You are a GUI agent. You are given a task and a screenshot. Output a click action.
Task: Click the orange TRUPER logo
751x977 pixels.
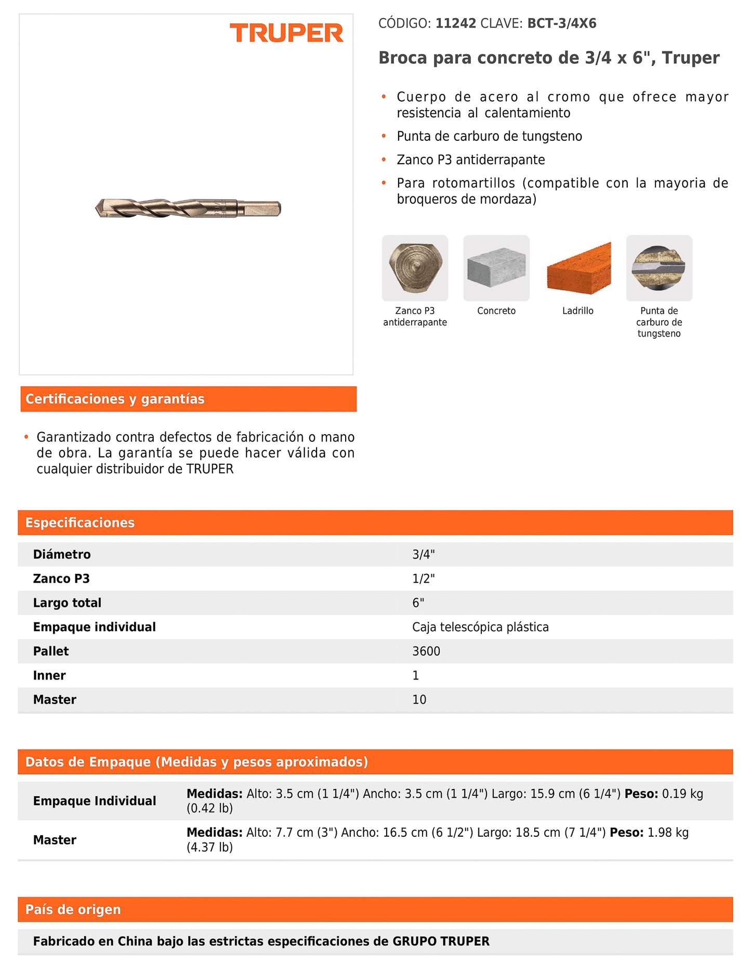286,33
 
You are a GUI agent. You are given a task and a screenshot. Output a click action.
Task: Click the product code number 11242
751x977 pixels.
455,23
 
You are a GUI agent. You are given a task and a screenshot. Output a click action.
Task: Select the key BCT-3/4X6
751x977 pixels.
562,23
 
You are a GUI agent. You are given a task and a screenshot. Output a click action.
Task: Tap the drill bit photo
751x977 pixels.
188,208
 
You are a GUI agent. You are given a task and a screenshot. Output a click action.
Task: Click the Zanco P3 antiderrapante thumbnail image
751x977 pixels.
415,268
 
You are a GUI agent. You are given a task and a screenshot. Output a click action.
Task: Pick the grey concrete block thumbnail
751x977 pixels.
496,268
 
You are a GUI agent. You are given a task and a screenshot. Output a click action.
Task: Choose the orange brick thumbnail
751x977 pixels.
578,268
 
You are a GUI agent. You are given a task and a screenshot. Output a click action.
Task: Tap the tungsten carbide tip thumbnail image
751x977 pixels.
659,268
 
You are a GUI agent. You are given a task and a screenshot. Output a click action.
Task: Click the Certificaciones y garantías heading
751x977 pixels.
115,399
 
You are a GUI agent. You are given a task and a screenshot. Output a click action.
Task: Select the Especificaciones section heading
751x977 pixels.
80,523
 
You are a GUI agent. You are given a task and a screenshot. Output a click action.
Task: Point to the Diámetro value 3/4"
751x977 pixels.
424,554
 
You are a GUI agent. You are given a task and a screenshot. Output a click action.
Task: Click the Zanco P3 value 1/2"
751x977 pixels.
424,579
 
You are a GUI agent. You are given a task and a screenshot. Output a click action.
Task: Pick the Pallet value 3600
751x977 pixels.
426,651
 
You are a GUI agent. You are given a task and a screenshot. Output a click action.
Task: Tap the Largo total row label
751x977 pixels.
67,603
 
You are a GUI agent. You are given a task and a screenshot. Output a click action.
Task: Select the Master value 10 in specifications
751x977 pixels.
419,700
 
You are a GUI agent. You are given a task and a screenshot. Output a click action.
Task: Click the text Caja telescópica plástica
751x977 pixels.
480,627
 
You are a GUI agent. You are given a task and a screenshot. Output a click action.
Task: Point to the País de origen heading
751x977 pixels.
73,909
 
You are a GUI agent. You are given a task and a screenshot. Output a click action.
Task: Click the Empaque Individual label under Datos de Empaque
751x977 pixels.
95,801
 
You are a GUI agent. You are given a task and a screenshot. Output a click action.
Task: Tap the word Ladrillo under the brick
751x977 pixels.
578,311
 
